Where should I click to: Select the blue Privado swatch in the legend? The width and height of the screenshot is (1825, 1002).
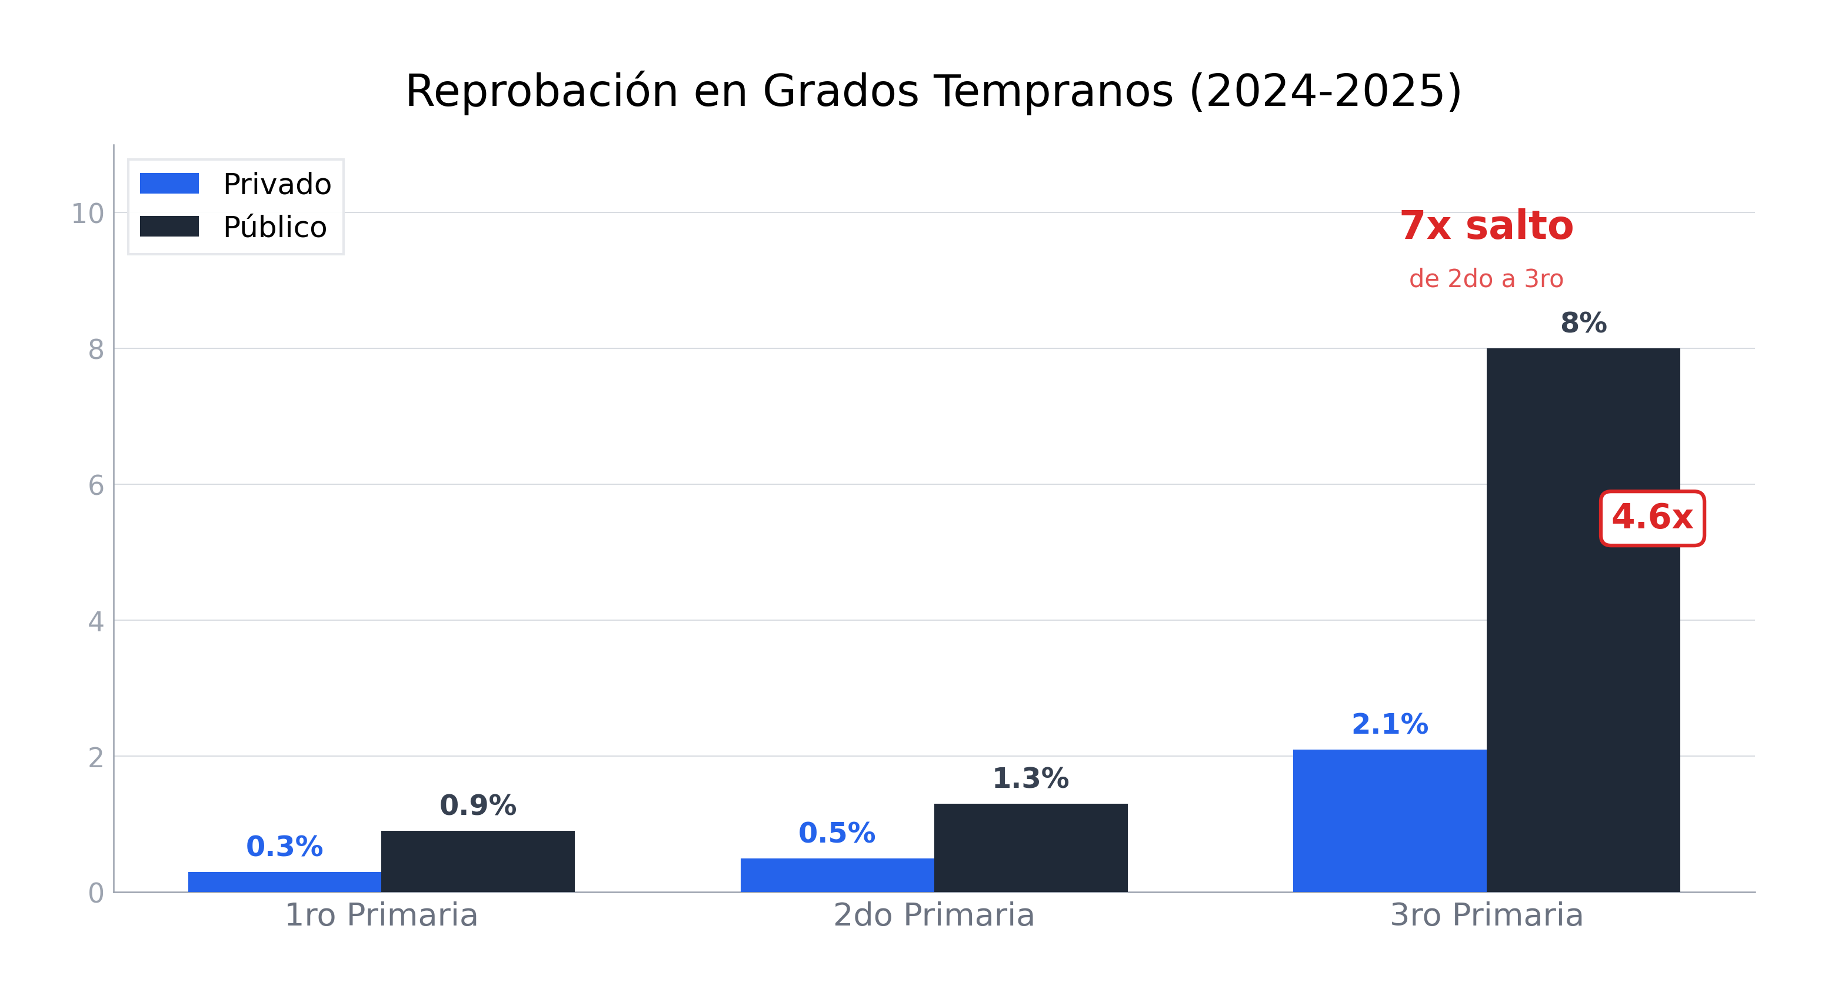point(169,184)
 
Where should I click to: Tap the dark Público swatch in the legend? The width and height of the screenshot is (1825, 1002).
point(169,226)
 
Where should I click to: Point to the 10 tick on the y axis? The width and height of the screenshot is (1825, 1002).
point(87,214)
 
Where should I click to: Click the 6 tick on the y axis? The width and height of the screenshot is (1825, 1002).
point(96,486)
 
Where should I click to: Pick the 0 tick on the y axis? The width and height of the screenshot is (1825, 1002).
point(96,893)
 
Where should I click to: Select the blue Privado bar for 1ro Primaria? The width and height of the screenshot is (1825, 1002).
point(284,881)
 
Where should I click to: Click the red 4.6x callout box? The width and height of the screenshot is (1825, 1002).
point(1652,518)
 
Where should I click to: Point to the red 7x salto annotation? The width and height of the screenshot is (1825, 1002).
point(1486,226)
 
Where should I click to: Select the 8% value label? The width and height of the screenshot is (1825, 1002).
point(1583,323)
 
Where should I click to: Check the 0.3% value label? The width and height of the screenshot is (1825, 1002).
point(284,846)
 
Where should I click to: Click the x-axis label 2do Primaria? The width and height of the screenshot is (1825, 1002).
point(934,915)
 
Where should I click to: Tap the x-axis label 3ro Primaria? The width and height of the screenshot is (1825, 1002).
point(1486,915)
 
